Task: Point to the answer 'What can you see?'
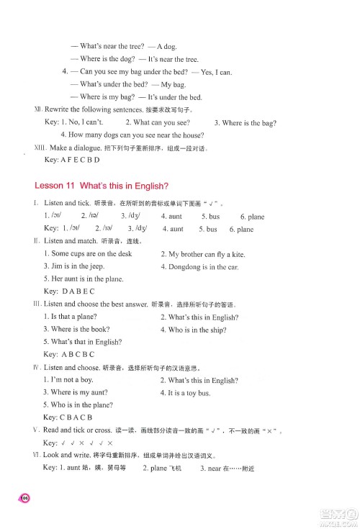pos(157,122)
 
